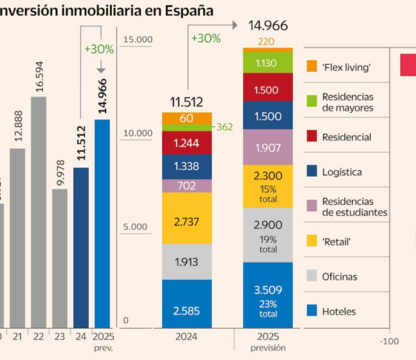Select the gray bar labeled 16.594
point(39,210)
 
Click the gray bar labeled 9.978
point(60,257)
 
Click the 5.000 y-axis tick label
point(139,228)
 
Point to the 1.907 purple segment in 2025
point(267,147)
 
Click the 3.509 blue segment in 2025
point(267,295)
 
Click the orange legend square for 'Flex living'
point(312,67)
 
